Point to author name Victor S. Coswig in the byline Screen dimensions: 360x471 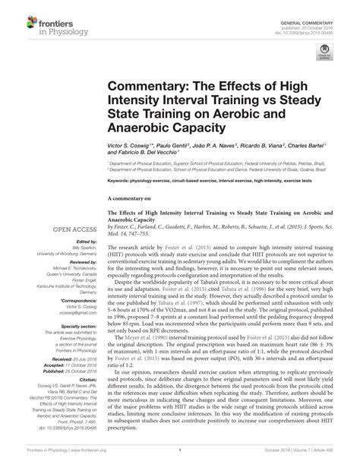131,144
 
